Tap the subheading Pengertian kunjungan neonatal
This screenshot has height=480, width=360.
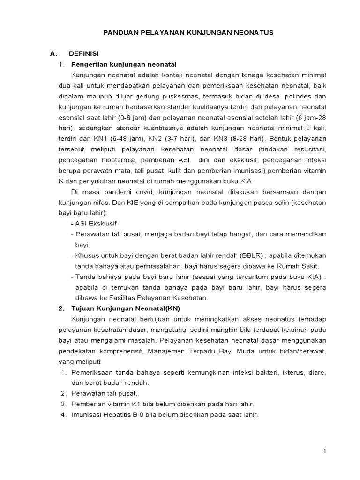coord(124,64)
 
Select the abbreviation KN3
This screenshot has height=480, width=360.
coord(222,139)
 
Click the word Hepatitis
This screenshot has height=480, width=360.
coord(119,415)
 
